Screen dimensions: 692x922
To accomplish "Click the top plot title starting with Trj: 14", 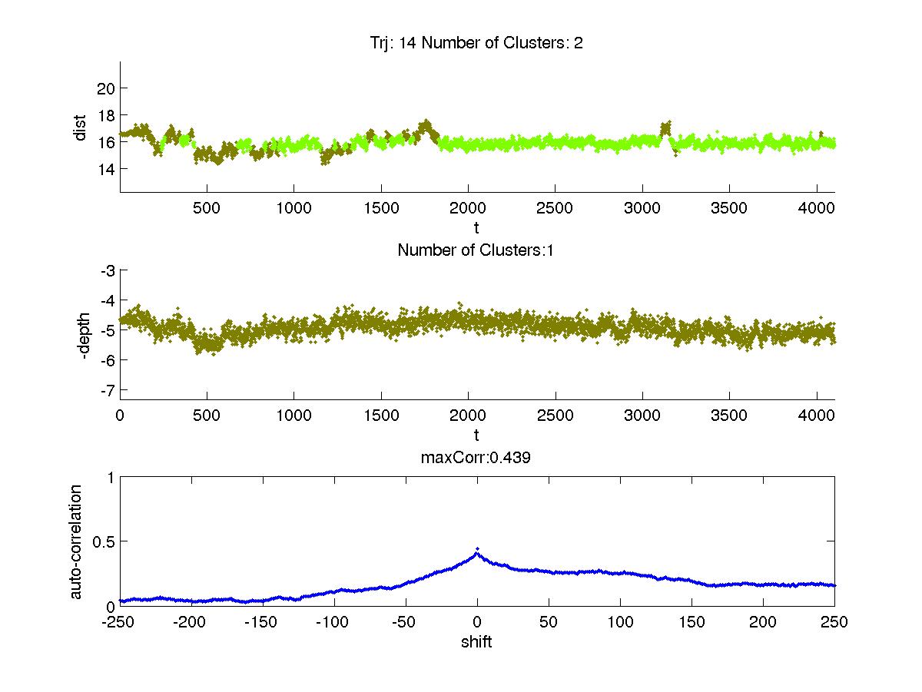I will (x=476, y=43).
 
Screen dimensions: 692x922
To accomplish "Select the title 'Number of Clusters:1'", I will (x=476, y=250).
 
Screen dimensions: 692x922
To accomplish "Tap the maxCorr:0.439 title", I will (x=476, y=458).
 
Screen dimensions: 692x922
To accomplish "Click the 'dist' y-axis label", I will (x=80, y=127).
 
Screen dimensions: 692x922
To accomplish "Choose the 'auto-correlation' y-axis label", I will (x=76, y=541).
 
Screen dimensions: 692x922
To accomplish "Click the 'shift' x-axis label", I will (x=476, y=641).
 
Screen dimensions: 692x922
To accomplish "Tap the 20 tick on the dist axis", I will (x=106, y=88).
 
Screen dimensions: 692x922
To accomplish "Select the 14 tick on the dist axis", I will (x=106, y=168).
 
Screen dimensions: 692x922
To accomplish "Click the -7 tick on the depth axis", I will (x=108, y=389).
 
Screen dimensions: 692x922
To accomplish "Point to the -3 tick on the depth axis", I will (x=108, y=270).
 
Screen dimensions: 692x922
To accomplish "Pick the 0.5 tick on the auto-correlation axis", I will (x=103, y=541).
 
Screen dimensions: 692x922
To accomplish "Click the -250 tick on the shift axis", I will (x=120, y=622).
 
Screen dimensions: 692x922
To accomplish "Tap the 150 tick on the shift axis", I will (x=691, y=622).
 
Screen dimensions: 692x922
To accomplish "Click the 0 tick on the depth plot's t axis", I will (x=120, y=416).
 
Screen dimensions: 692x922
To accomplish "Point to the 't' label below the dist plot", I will (x=476, y=228).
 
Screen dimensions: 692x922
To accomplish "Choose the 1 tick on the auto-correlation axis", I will (x=111, y=477).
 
